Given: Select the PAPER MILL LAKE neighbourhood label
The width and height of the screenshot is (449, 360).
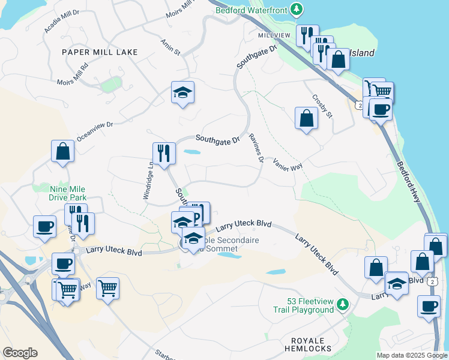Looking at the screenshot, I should (100, 52).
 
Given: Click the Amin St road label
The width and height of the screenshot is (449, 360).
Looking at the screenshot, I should (170, 47).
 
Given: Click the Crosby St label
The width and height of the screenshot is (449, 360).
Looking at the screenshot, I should (322, 105).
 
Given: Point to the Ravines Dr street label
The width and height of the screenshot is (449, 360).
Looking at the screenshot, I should (256, 148).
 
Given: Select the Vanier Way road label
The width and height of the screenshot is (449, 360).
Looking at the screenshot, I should (288, 164).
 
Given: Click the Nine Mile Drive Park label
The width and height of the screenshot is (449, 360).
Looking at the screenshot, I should (67, 193).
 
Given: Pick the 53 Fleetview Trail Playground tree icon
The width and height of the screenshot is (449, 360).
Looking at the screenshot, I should (343, 305).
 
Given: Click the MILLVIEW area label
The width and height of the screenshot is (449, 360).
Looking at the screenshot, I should (274, 36).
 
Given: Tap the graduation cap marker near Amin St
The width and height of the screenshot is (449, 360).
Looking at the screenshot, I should (182, 92).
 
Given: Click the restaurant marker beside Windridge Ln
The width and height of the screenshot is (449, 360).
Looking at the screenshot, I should (164, 153).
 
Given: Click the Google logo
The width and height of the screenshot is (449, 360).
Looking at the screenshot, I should (20, 353).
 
